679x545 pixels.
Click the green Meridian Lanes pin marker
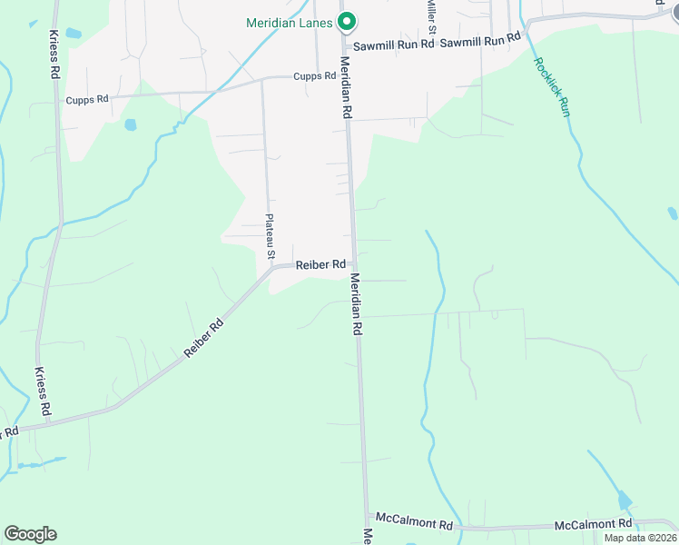(345, 20)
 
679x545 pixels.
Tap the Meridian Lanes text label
(290, 23)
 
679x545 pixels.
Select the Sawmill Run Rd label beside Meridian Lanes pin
(392, 45)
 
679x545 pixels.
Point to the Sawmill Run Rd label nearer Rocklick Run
(480, 40)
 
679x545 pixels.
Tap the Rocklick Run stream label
(552, 86)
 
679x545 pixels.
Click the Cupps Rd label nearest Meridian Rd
(315, 76)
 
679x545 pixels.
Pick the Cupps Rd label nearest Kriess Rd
(87, 99)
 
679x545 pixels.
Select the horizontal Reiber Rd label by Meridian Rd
(320, 264)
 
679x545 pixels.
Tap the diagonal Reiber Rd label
(203, 337)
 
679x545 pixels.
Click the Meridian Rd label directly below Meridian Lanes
(346, 88)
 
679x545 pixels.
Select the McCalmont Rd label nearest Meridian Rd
(414, 525)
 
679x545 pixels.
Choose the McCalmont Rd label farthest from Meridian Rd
(593, 524)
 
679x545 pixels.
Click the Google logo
(30, 533)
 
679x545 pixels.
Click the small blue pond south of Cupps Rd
(130, 124)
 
